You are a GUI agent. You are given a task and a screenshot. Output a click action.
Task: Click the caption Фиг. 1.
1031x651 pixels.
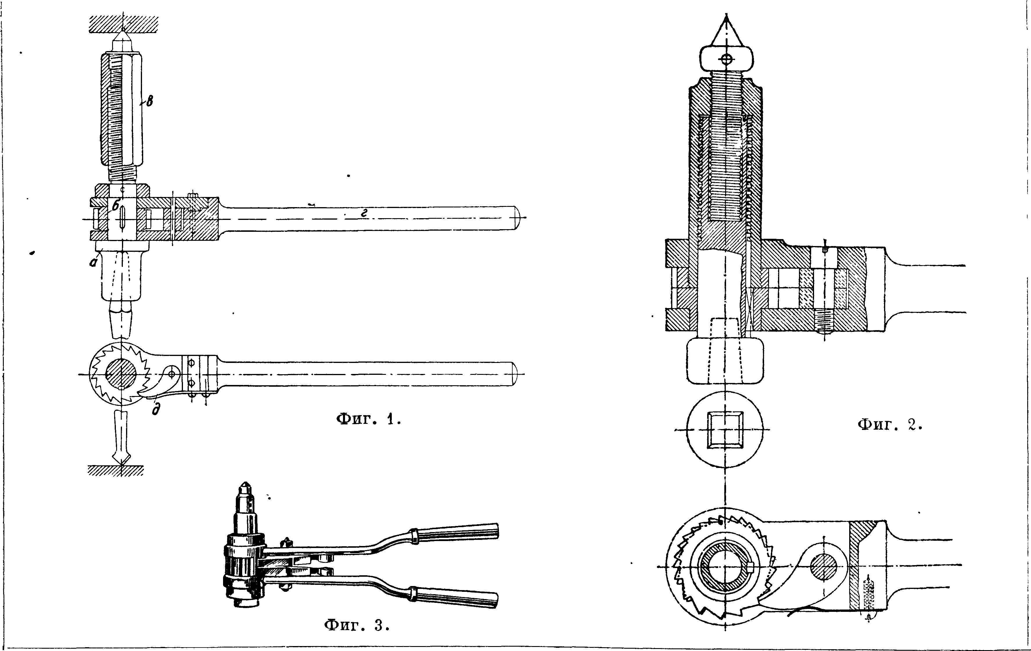(x=369, y=419)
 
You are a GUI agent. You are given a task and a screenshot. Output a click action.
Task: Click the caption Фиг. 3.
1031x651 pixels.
(x=357, y=625)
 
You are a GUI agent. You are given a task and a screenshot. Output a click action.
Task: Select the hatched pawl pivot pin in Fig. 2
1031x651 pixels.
(x=823, y=567)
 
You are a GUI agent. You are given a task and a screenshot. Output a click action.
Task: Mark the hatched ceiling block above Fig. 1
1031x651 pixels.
(x=124, y=24)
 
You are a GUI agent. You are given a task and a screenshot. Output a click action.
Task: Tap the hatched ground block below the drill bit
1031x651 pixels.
(x=116, y=471)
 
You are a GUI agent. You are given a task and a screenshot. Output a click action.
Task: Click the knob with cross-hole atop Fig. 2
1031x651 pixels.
(x=726, y=59)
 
